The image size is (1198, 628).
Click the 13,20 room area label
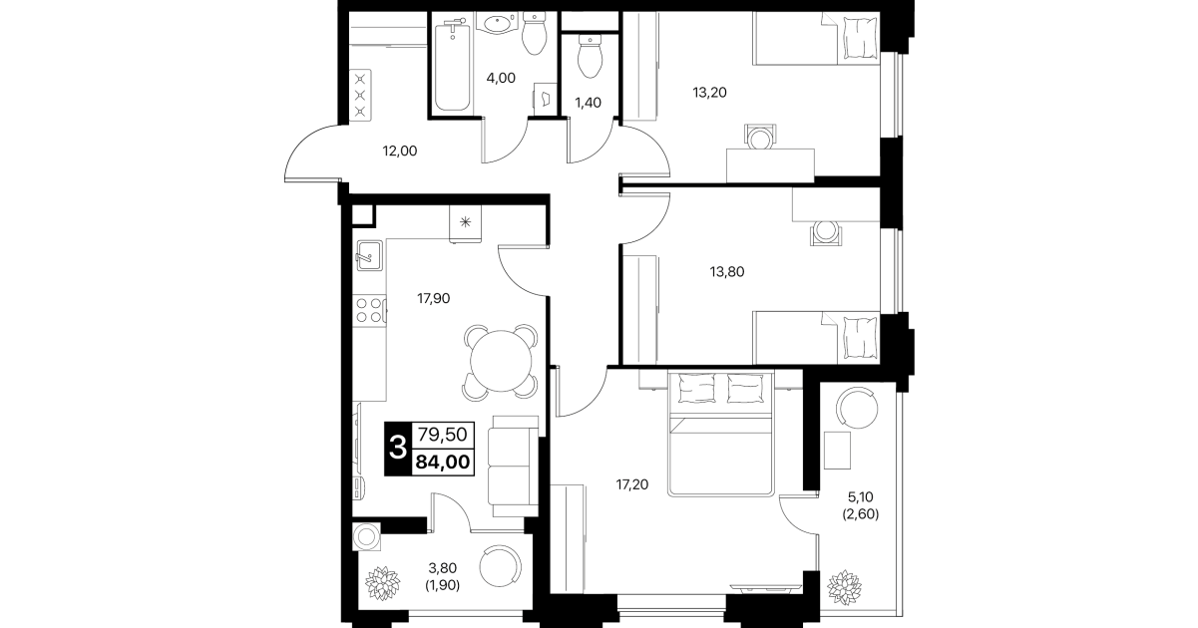tap(709, 93)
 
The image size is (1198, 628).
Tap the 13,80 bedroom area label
tap(727, 272)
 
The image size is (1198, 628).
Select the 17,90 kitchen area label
tap(433, 298)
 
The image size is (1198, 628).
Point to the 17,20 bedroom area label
tap(632, 484)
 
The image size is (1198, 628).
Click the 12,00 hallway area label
tap(400, 152)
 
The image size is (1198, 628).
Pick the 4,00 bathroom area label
tap(501, 78)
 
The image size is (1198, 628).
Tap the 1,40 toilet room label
tap(588, 103)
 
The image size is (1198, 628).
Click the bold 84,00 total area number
tap(443, 462)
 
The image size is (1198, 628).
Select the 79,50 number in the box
tap(443, 434)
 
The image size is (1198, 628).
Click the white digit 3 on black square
tap(397, 448)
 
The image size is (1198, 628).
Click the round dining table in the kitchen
tap(501, 361)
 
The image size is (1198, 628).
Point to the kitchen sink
tap(369, 255)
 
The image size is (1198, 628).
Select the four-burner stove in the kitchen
tap(369, 311)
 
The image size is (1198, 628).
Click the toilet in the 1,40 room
tap(590, 56)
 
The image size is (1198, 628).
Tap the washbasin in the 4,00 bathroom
tap(498, 24)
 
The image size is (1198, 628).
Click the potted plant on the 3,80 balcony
tap(382, 582)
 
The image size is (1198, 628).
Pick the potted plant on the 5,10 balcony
tap(845, 587)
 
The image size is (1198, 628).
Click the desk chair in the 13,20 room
tap(759, 138)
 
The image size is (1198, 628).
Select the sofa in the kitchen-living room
tap(513, 467)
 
